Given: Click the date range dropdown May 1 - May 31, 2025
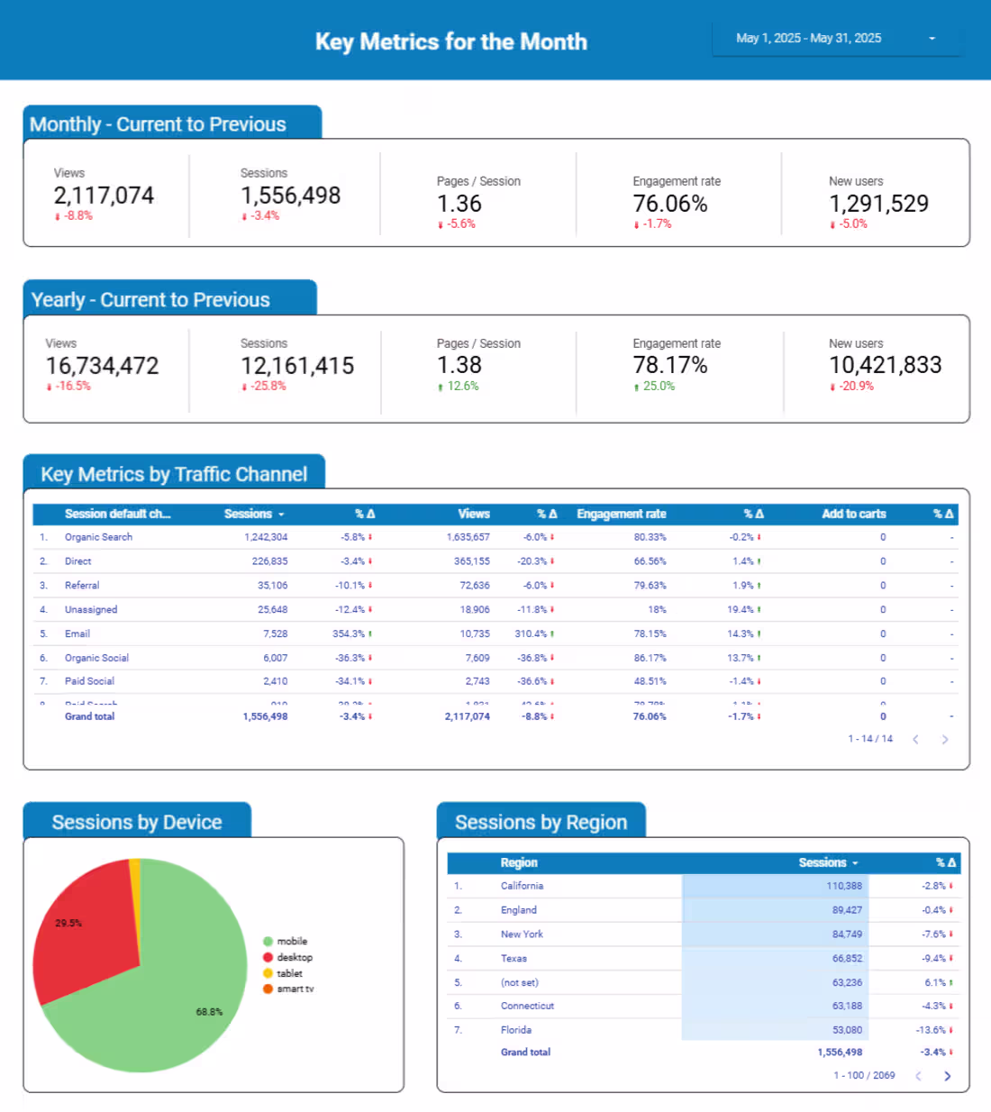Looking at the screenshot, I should [x=836, y=39].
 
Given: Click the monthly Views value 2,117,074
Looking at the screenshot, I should [x=104, y=196].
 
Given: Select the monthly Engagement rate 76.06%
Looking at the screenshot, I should [x=670, y=204].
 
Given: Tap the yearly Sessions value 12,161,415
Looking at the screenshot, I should [x=297, y=366].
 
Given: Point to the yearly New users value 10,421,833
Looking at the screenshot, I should [x=886, y=365].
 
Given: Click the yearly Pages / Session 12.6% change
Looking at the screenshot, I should [x=462, y=387].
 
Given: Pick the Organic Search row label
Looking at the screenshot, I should [x=98, y=537].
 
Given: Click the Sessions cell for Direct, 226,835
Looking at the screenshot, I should [x=269, y=561].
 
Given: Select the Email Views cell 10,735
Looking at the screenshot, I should [x=475, y=634].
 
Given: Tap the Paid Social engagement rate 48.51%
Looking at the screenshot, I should [x=650, y=682].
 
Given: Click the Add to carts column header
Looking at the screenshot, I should [x=853, y=515].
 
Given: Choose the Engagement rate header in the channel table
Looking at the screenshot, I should [x=622, y=515].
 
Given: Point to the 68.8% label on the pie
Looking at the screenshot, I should [x=209, y=1012].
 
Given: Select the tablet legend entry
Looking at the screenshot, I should [x=289, y=973].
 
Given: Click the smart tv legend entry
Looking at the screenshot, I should [x=295, y=989].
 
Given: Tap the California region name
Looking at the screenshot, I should [x=522, y=887].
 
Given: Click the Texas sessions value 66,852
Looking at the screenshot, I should [x=847, y=959].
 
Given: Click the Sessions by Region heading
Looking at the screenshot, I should [x=541, y=823].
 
